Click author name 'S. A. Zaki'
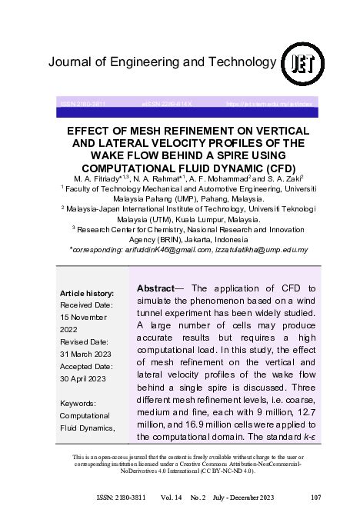click(x=282, y=178)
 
